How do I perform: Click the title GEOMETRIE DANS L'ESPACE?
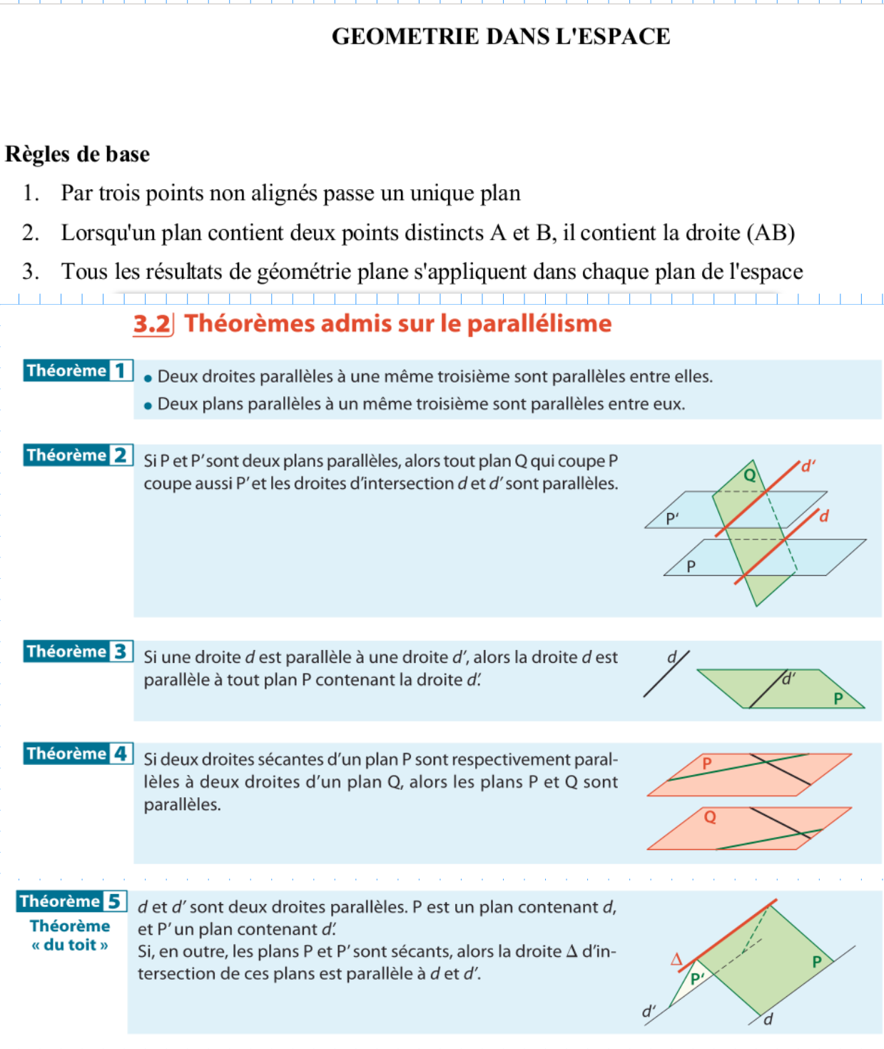point(501,36)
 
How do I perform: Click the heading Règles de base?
point(78,154)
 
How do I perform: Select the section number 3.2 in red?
point(152,324)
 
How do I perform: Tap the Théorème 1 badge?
point(78,370)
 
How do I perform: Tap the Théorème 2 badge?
point(78,455)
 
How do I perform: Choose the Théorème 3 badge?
point(78,652)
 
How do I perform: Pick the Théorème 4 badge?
point(78,754)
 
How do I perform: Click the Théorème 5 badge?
point(72,901)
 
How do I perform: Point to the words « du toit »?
point(70,945)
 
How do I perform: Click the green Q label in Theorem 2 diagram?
point(750,475)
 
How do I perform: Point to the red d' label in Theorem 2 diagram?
point(808,467)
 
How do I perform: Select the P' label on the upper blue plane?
point(672,519)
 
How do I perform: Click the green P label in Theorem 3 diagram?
point(838,698)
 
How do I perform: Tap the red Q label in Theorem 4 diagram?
point(710,817)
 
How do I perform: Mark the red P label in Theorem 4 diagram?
point(707,764)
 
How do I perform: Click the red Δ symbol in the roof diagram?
point(676,959)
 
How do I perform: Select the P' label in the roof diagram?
point(697,979)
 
